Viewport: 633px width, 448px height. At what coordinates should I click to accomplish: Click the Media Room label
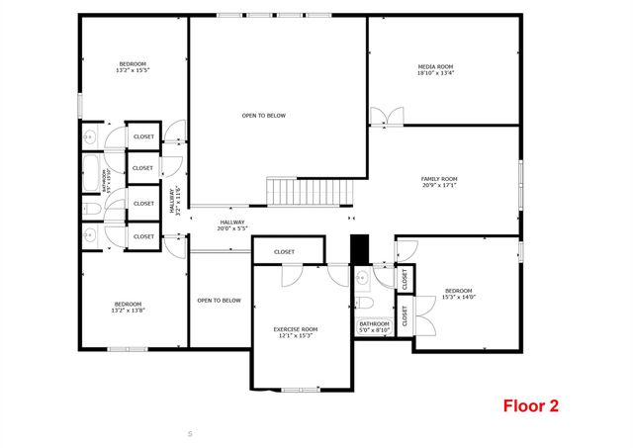[x=435, y=69]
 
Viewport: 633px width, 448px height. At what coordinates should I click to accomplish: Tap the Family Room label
[x=439, y=182]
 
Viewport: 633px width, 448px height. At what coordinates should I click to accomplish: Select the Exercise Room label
[x=295, y=332]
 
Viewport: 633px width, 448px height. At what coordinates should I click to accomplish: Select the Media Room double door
[x=386, y=118]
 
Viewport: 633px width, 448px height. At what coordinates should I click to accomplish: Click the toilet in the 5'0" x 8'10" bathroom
[x=363, y=303]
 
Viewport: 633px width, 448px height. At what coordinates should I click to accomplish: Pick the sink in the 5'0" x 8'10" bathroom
[x=362, y=278]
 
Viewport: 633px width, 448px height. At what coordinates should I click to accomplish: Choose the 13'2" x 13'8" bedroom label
[x=129, y=307]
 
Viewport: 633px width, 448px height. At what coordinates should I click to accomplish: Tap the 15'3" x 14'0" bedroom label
[x=459, y=294]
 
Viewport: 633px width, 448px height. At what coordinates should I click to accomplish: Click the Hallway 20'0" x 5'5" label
[x=232, y=225]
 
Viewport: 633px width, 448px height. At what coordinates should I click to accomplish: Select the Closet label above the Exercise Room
[x=285, y=252]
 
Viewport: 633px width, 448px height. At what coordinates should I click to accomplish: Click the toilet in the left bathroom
[x=88, y=209]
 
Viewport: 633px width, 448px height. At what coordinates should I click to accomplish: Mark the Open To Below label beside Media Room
[x=263, y=116]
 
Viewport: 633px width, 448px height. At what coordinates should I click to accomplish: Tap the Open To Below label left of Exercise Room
[x=219, y=301]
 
